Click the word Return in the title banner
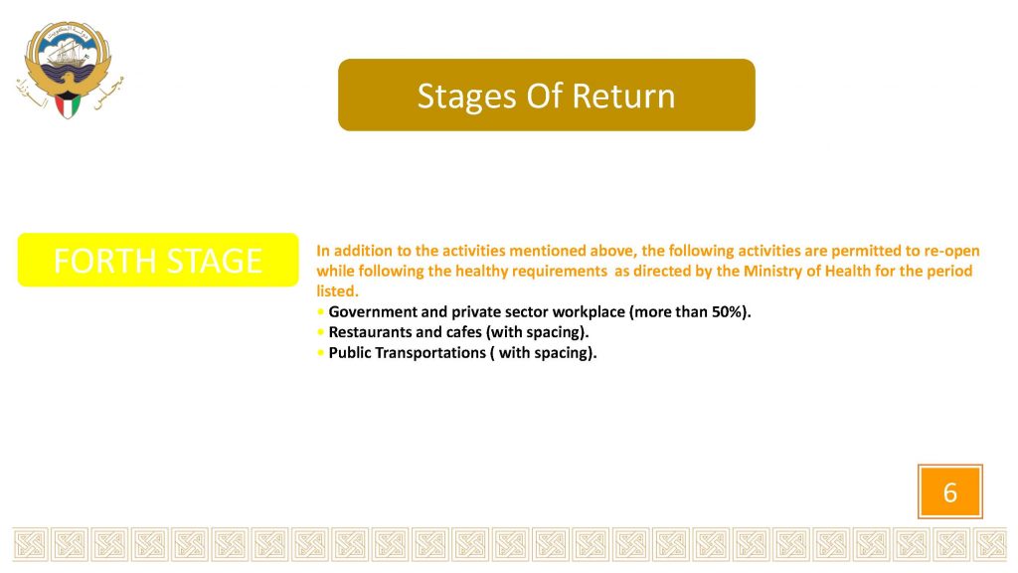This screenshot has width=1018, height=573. click(623, 95)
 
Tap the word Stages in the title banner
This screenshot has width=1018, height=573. click(467, 96)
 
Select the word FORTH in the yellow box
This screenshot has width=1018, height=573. click(105, 262)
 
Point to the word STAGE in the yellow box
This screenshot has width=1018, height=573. click(215, 262)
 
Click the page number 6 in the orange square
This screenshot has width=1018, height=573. click(949, 492)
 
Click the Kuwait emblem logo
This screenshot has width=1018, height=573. click(69, 70)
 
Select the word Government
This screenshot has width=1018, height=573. click(373, 311)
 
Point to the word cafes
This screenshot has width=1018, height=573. click(463, 332)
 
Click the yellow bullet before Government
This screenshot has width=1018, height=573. click(321, 311)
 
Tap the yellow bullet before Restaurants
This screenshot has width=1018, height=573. click(321, 332)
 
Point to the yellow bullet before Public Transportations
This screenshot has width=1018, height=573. click(321, 353)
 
